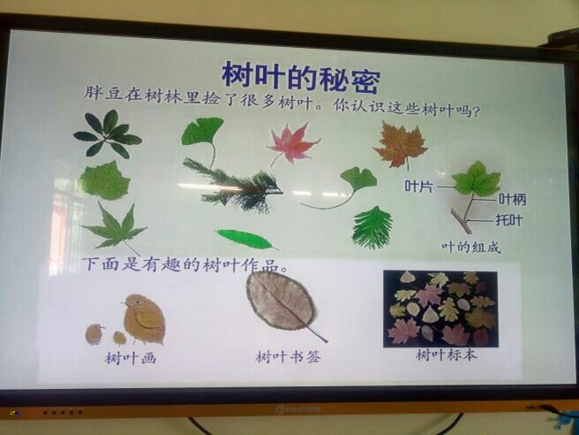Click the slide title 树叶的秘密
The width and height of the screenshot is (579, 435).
tap(301, 77)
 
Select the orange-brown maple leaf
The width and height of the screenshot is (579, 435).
tap(401, 146)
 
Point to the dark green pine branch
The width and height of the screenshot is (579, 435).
tap(233, 186)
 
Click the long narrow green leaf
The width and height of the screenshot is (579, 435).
tap(246, 240)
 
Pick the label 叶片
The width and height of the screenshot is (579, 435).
tap(418, 186)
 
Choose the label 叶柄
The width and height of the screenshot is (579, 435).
tap(512, 200)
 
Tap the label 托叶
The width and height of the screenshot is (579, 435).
tap(509, 220)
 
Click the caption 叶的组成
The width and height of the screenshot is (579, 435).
tap(471, 247)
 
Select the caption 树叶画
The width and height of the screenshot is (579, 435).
tap(131, 358)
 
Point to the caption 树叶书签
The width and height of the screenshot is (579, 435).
tap(288, 357)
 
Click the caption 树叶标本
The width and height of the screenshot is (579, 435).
tap(447, 355)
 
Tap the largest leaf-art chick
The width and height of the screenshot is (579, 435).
tap(144, 319)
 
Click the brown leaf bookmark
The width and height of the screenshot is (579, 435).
tap(282, 301)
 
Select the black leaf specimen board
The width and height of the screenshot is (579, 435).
tap(440, 309)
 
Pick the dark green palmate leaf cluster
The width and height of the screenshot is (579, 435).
tap(108, 134)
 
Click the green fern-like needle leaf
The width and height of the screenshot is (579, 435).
tap(372, 227)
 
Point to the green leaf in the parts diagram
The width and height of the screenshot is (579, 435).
tap(477, 179)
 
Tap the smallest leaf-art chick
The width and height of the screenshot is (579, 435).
tap(119, 338)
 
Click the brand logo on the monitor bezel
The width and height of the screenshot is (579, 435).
tap(298, 409)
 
